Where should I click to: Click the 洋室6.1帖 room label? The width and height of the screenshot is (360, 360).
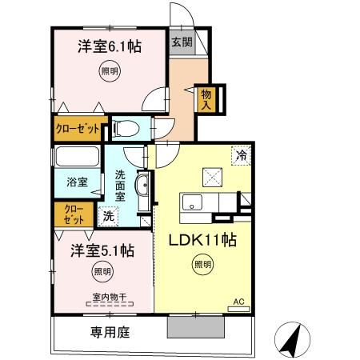pyautogui.click(x=110, y=47)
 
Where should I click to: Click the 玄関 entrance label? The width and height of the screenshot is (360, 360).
pyautogui.click(x=180, y=43)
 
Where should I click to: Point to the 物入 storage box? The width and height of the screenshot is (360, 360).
pyautogui.click(x=206, y=98)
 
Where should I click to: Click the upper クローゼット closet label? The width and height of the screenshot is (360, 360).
pyautogui.click(x=78, y=127)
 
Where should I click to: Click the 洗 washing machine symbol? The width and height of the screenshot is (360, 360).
pyautogui.click(x=107, y=214)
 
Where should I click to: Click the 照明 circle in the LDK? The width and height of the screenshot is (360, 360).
pyautogui.click(x=203, y=264)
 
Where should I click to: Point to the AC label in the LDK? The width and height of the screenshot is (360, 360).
pyautogui.click(x=238, y=302)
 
